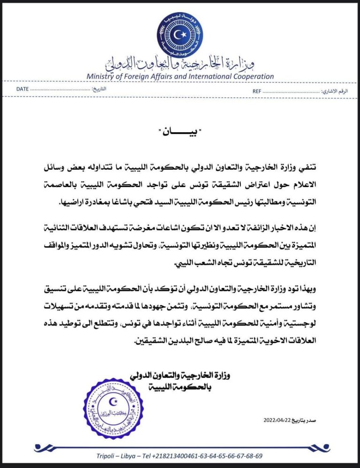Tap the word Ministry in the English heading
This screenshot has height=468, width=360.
click(101, 76)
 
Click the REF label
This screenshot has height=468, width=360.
click(256, 91)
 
